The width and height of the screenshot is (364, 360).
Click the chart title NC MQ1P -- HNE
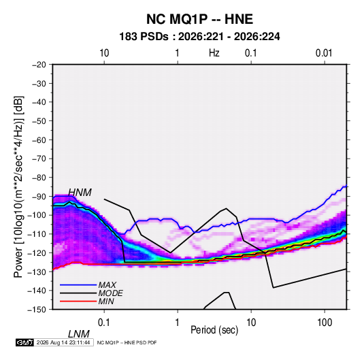point(199,19)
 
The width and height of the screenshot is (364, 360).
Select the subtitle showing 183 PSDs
point(199,37)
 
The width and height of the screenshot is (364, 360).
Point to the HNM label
point(80,193)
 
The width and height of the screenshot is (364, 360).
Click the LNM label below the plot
point(79,334)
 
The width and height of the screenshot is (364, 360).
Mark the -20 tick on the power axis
point(39,65)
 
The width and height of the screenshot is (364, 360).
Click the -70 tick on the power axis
point(39,159)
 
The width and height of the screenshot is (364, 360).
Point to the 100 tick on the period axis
point(325,323)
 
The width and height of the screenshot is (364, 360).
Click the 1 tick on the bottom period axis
point(178,323)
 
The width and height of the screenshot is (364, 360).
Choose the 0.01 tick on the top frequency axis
point(324,53)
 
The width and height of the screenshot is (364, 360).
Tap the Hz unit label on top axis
point(214,53)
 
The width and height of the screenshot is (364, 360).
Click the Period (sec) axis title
point(214,330)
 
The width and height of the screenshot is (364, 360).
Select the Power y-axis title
point(18,187)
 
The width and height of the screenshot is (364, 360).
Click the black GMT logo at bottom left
point(25,342)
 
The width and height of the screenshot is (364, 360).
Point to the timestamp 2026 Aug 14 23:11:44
point(63,342)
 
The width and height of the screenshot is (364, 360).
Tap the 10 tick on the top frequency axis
point(104,53)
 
